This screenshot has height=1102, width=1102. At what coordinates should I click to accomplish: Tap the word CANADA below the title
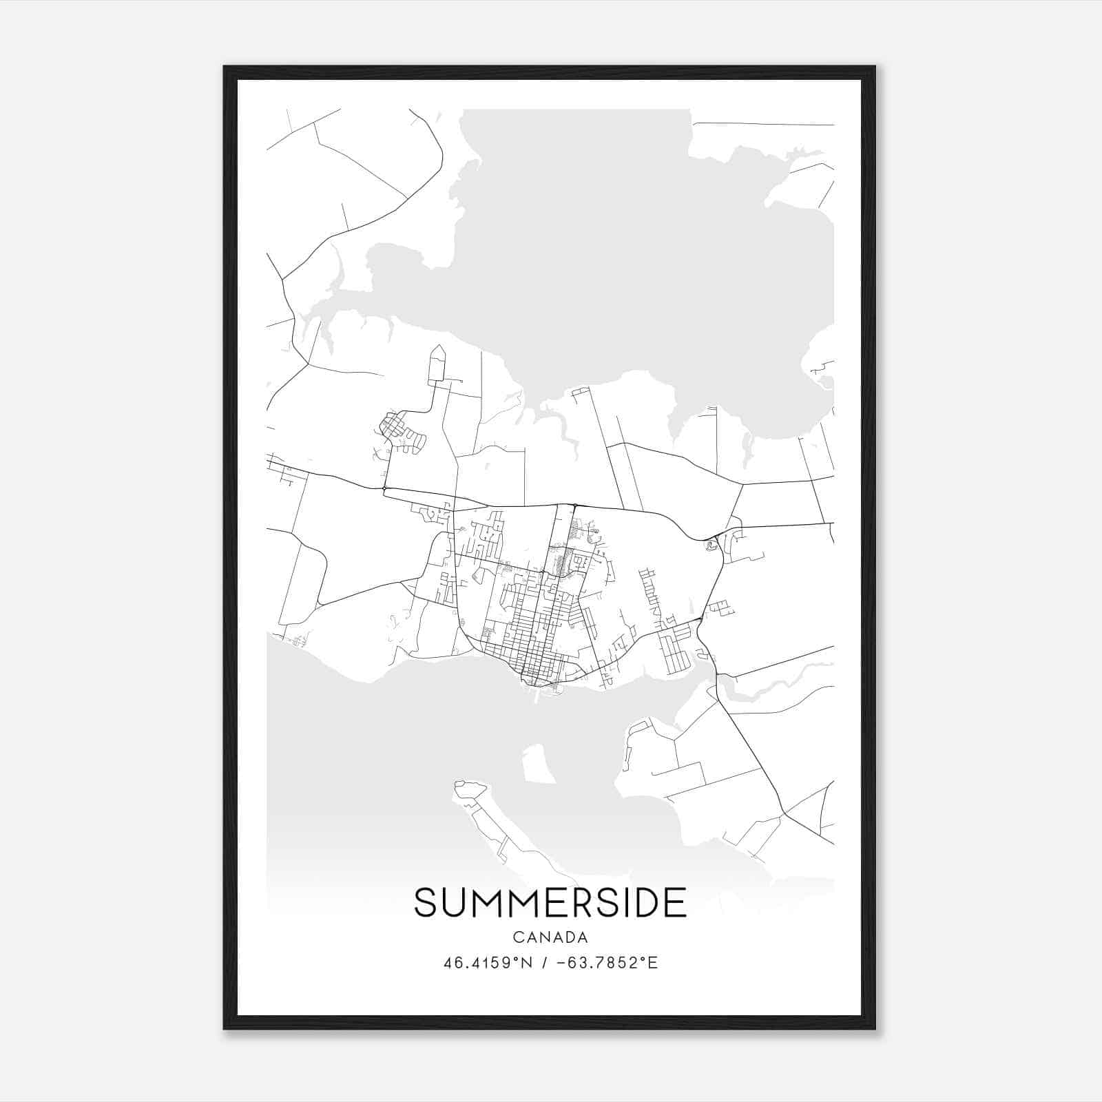click(550, 937)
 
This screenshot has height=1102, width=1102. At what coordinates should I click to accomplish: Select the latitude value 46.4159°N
click(488, 963)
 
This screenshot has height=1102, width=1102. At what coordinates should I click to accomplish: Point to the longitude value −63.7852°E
click(606, 963)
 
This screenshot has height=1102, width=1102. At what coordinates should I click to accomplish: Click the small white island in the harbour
click(538, 765)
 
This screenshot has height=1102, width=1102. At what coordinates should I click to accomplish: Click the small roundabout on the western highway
click(384, 488)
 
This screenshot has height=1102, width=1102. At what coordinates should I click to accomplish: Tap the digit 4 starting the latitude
click(448, 963)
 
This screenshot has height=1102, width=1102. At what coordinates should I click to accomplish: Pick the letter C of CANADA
click(517, 937)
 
